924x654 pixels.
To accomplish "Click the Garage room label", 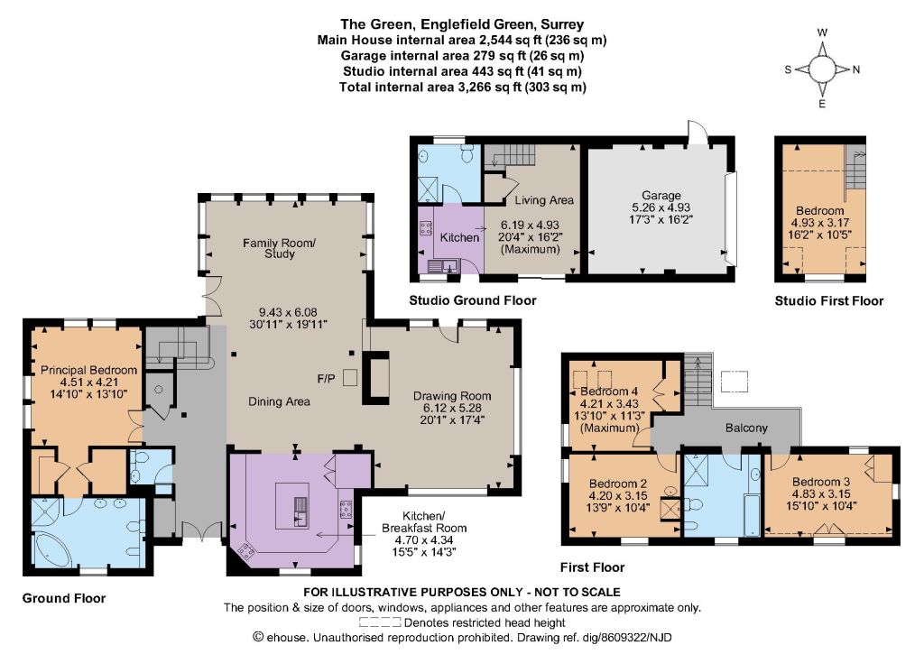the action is pyautogui.click(x=661, y=195).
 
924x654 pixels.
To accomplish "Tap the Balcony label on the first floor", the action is pyautogui.click(x=746, y=428).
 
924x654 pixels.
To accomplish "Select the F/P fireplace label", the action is pyautogui.click(x=326, y=378).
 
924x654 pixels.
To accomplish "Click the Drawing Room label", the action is pyautogui.click(x=452, y=396).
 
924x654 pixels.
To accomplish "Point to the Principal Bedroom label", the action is pyautogui.click(x=88, y=370).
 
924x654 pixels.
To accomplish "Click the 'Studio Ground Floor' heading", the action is pyautogui.click(x=473, y=300).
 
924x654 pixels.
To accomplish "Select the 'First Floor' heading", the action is pyautogui.click(x=592, y=567).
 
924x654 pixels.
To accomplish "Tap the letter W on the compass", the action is pyautogui.click(x=823, y=33).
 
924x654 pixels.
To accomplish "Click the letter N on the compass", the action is pyautogui.click(x=856, y=69).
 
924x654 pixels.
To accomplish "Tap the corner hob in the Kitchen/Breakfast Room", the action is pyautogui.click(x=245, y=551).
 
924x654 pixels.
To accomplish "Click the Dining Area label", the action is pyautogui.click(x=279, y=401).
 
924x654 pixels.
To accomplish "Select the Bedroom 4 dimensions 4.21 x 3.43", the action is pyautogui.click(x=609, y=404).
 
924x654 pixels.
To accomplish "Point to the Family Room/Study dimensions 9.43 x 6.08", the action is pyautogui.click(x=288, y=312).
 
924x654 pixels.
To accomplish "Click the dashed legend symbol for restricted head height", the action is pyautogui.click(x=380, y=622).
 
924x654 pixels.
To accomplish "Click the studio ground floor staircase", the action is pyautogui.click(x=509, y=155).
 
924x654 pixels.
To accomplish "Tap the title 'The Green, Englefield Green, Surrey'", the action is pyautogui.click(x=462, y=24).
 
